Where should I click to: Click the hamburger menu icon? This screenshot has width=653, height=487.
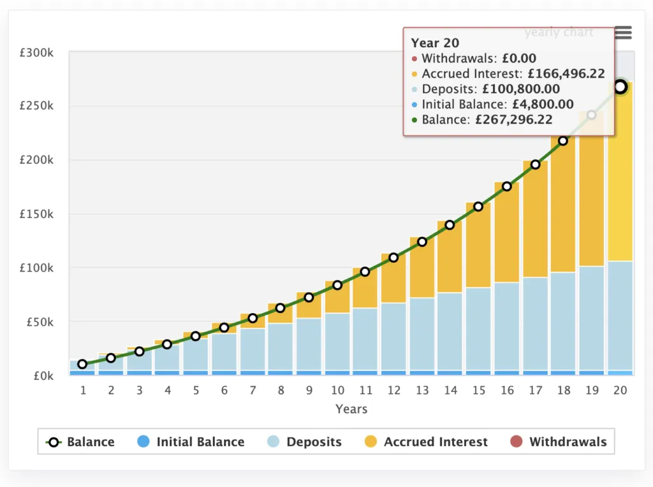[x=622, y=33]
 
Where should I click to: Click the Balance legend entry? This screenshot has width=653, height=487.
[x=80, y=442]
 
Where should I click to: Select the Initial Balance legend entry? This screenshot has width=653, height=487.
[x=191, y=442]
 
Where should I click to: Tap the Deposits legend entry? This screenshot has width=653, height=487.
[x=304, y=442]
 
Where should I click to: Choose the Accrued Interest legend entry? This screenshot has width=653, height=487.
[x=426, y=442]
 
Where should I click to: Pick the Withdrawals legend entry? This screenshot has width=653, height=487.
[x=558, y=442]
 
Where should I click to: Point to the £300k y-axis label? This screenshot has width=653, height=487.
[x=36, y=52]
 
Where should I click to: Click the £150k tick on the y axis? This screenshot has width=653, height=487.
[x=36, y=214]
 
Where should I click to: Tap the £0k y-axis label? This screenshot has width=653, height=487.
[x=41, y=375]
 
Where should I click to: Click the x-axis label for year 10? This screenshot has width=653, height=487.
[x=337, y=390]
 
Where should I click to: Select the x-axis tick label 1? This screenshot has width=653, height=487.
[x=83, y=390]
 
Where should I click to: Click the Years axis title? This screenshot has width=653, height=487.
[x=351, y=409]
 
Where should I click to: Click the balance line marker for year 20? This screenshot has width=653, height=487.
[x=620, y=87]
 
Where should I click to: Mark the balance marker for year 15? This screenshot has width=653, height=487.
[x=478, y=207]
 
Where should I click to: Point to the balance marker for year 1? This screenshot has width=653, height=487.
[x=82, y=364]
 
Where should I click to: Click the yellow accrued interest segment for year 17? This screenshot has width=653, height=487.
[x=535, y=220]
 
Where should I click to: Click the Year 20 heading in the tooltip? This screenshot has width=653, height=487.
[x=435, y=43]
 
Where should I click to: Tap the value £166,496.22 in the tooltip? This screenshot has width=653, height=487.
[x=565, y=74]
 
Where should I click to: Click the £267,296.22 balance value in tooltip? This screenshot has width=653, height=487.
[x=514, y=120]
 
